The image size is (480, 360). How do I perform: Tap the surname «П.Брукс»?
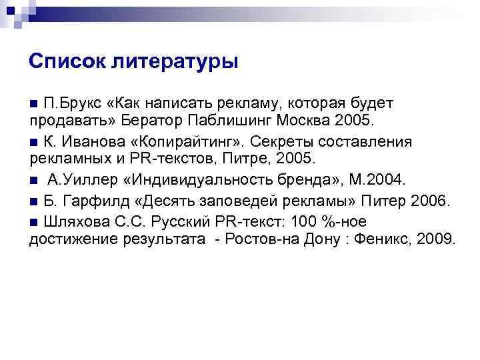click(x=73, y=103)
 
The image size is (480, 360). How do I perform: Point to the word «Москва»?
click(x=309, y=122)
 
